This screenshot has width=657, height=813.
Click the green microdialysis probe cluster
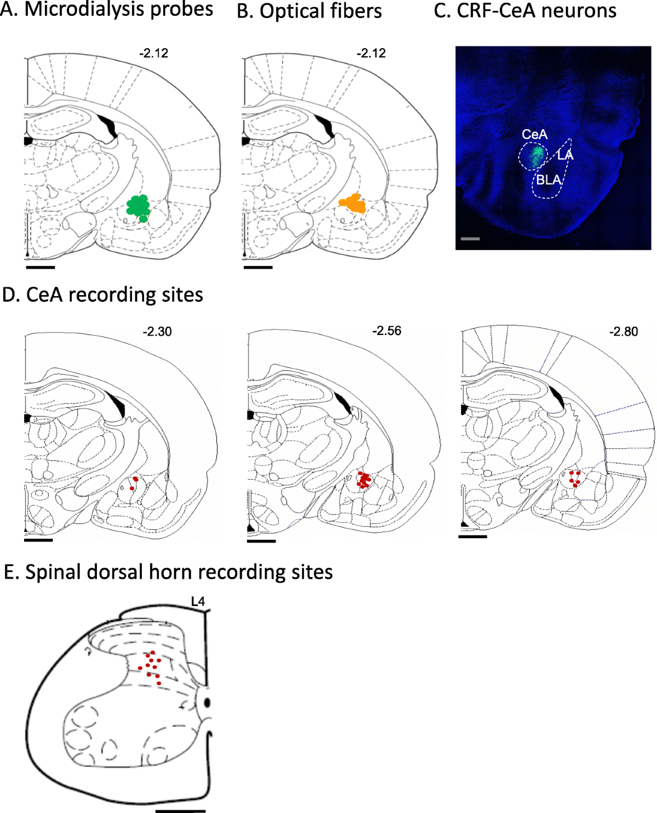(139, 206)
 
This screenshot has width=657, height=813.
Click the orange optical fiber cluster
(353, 204)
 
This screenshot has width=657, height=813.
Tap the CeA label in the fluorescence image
(534, 135)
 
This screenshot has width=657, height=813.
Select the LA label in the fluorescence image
(566, 155)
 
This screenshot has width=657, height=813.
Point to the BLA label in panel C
(549, 180)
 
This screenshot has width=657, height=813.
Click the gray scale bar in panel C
(470, 239)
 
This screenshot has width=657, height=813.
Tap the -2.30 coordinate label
(157, 332)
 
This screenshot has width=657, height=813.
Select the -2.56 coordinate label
(387, 331)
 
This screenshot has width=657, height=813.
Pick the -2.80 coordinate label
(624, 332)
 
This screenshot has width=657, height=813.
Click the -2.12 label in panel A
(153, 54)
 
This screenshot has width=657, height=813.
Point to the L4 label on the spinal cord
(198, 602)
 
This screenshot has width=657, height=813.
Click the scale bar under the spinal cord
(180, 811)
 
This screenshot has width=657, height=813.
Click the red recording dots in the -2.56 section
(364, 480)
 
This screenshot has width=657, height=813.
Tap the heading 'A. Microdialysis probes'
(107, 9)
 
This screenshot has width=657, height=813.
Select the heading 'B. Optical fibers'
(309, 11)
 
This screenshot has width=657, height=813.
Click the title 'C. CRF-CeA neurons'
(525, 10)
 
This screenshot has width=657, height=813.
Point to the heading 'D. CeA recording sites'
(103, 295)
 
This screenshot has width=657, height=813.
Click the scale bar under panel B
(258, 267)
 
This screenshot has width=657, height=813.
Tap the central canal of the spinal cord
(208, 702)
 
